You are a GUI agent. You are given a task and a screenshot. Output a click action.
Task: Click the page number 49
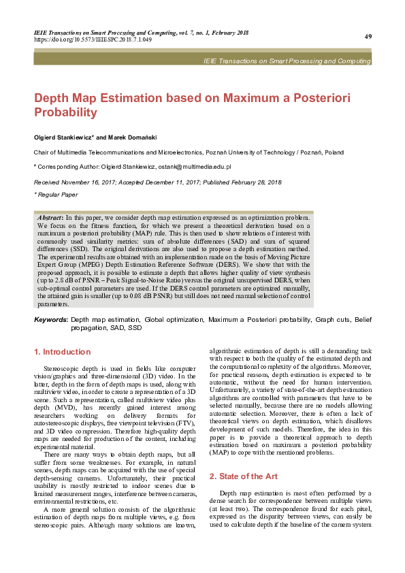pyautogui.click(x=368, y=36)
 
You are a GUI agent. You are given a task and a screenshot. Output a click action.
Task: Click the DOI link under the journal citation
pyautogui.click(x=93, y=39)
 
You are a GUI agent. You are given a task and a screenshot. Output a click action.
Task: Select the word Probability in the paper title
pyautogui.click(x=65, y=112)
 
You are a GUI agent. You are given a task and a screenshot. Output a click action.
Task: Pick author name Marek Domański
pyautogui.click(x=129, y=137)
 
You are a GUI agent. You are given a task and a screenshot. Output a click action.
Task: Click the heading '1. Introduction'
pyautogui.click(x=62, y=352)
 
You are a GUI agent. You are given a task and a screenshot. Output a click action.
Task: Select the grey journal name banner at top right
pyautogui.click(x=287, y=61)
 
